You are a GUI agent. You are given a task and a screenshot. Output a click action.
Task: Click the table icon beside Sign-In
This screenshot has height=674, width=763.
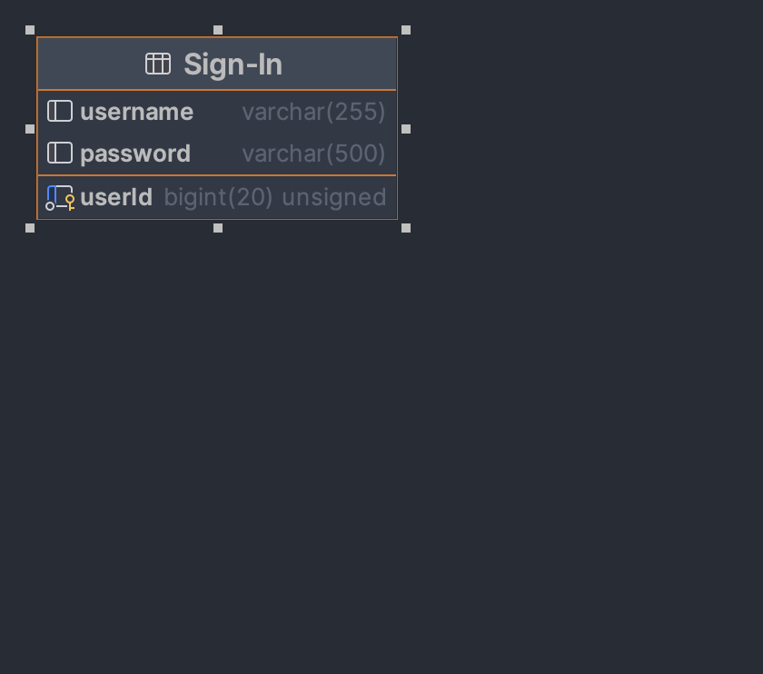pos(158,64)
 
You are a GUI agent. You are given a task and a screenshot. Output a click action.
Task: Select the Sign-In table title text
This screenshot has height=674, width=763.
pos(233,64)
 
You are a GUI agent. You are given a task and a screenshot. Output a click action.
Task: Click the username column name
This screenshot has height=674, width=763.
pos(136,112)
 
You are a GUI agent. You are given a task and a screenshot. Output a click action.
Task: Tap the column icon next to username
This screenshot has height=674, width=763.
pos(60,111)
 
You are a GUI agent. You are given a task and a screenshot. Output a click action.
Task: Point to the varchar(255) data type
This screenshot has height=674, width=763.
pos(313,112)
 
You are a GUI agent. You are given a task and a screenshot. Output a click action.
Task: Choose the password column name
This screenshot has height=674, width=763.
pos(135,154)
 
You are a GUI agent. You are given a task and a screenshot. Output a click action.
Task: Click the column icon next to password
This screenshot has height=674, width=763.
pos(60,153)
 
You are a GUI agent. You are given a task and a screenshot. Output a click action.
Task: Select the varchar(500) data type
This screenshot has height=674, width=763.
pos(313,154)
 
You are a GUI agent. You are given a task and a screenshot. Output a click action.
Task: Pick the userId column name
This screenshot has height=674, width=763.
pos(116,197)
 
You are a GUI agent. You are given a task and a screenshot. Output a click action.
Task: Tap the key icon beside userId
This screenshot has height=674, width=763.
pos(60,197)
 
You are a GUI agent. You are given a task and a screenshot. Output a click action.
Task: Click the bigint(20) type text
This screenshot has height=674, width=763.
pos(218,197)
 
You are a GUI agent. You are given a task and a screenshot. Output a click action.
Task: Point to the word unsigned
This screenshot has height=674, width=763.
pos(334,197)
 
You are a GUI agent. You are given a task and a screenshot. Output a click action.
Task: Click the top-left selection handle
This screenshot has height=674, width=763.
pos(30,30)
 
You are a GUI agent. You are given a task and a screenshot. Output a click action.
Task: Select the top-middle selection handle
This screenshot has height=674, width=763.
pos(218,30)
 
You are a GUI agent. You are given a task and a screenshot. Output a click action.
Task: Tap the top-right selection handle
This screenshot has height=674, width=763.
pos(406,30)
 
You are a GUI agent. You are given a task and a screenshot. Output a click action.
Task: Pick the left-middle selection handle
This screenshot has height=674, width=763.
pos(30,129)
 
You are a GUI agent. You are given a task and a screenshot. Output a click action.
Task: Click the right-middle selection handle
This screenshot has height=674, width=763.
pos(406,129)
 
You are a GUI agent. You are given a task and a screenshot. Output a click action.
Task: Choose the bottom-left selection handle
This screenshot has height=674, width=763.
pos(30,228)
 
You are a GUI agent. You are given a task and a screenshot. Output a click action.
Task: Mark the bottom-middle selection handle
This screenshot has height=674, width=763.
pos(218,228)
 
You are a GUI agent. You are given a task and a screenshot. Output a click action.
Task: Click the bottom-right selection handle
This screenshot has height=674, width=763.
pos(406,228)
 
